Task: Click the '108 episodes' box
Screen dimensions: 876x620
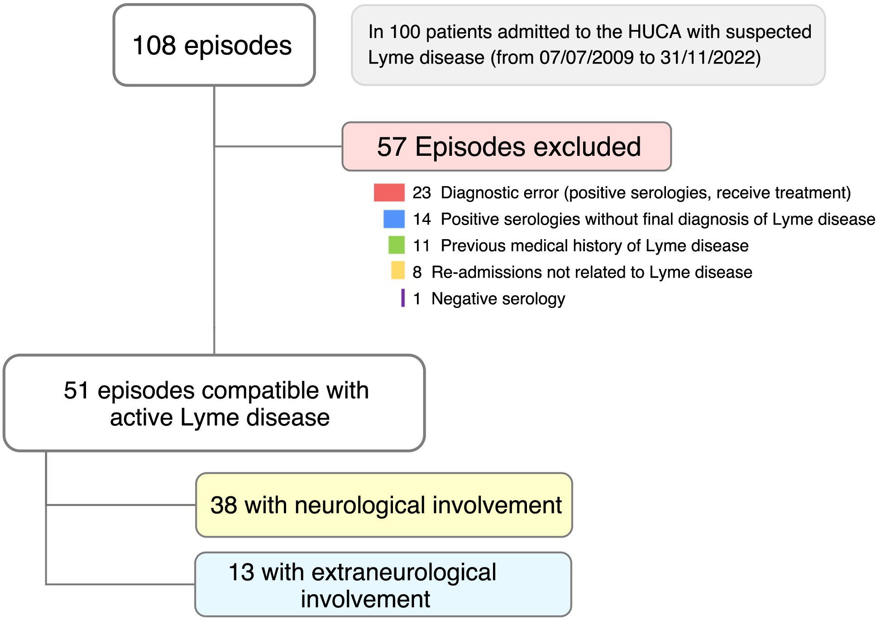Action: tap(214, 45)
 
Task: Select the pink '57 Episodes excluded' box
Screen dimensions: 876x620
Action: tap(507, 146)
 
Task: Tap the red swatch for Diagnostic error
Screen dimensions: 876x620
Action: tap(389, 192)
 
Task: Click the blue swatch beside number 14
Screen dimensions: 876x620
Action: tap(394, 219)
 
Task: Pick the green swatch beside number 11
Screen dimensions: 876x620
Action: tap(397, 245)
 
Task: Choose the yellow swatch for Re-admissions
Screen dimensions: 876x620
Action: tap(398, 270)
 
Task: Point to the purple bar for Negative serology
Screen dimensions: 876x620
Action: tap(403, 298)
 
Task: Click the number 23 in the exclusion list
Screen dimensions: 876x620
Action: tap(421, 193)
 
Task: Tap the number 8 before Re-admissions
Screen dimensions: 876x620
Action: tap(417, 272)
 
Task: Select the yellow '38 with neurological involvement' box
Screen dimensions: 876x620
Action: tap(384, 505)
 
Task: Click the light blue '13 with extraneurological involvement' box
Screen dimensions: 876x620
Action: tap(383, 584)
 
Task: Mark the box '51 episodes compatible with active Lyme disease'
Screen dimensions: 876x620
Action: tap(214, 403)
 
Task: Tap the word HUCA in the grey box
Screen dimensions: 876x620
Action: tap(655, 32)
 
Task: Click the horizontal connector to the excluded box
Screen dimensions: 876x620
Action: tap(278, 146)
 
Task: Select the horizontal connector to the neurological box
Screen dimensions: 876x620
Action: tap(121, 505)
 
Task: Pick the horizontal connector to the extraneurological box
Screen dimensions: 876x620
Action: tap(120, 584)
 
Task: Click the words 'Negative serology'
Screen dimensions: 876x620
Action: tap(498, 299)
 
